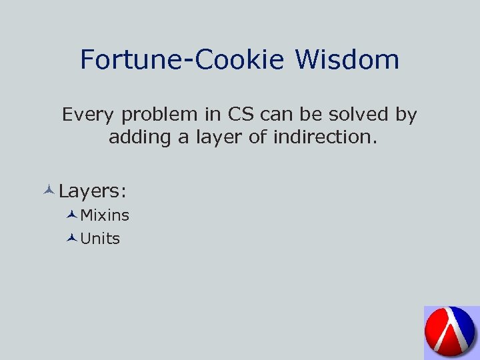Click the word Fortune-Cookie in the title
pos(183,60)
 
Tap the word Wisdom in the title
pos(347,60)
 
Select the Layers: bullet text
pos(93,191)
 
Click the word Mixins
pos(105,215)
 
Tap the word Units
pos(100,239)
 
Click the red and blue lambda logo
pos(451,333)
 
